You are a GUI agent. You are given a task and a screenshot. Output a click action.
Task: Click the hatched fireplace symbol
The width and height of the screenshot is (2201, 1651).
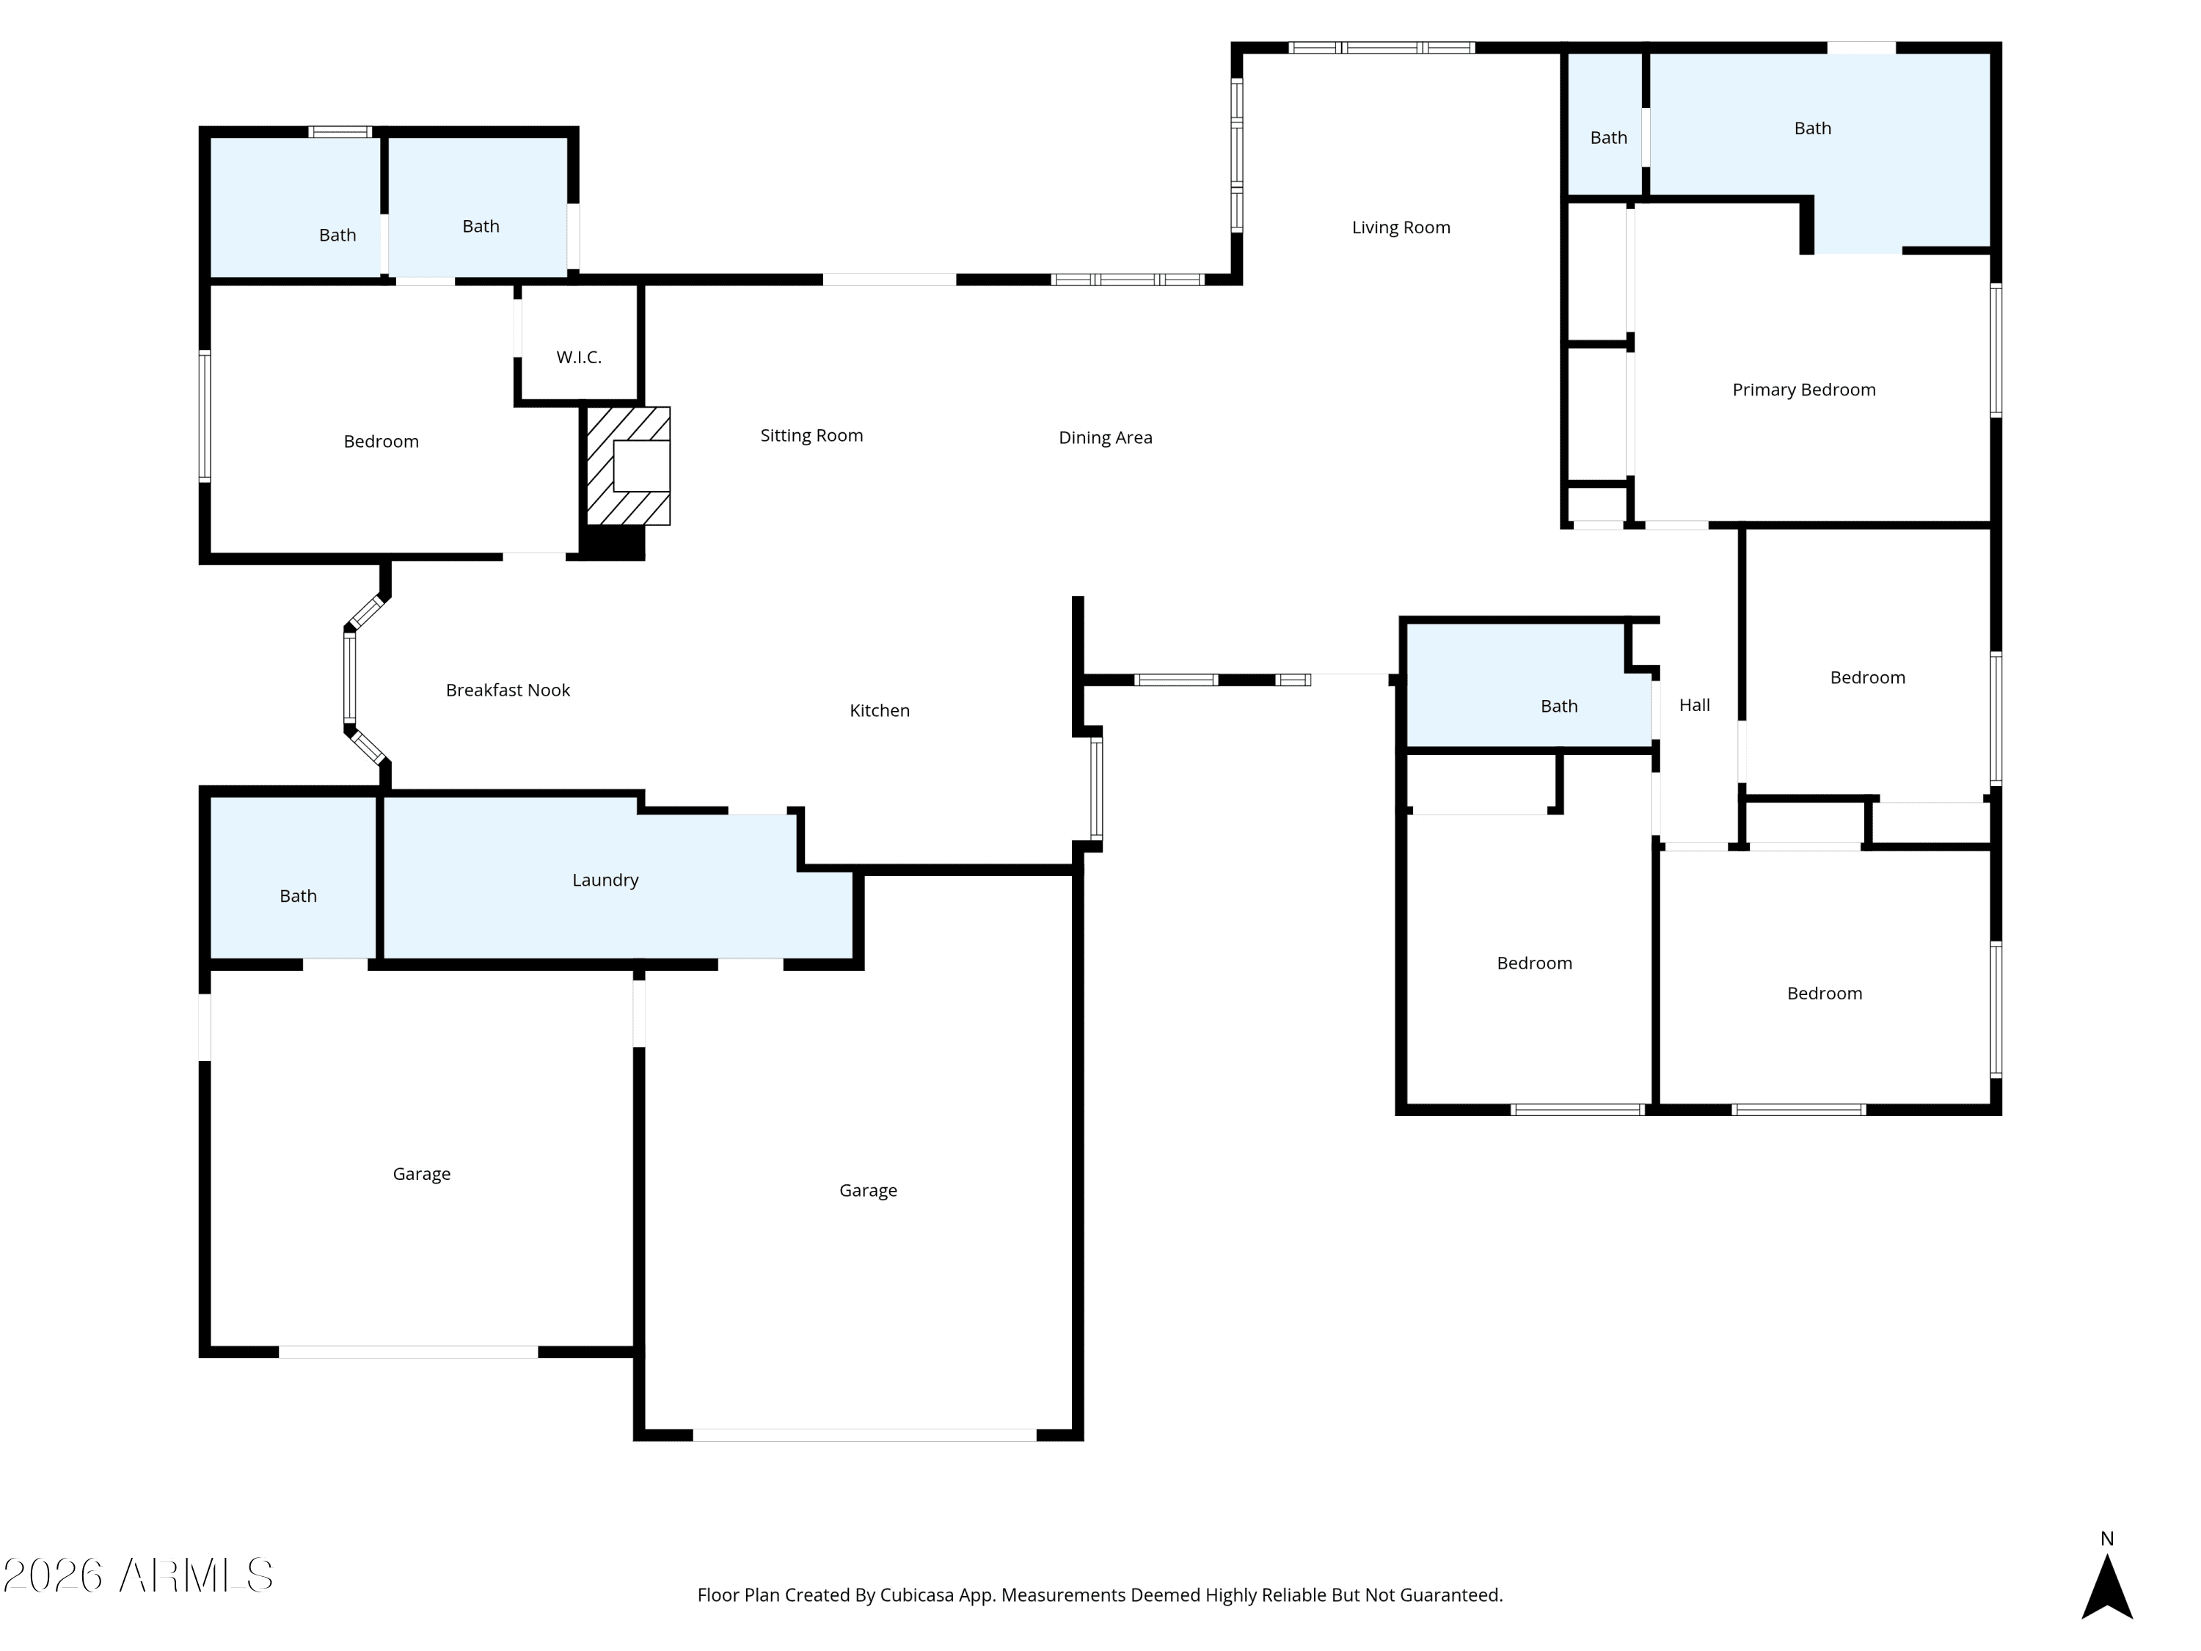click(x=628, y=466)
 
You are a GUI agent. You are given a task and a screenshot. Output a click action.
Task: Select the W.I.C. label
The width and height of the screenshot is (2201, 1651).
click(x=579, y=357)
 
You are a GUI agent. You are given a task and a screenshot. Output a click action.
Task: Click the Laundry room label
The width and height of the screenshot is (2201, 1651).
click(x=605, y=880)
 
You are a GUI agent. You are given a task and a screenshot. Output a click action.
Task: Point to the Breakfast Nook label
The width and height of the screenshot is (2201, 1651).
click(x=508, y=690)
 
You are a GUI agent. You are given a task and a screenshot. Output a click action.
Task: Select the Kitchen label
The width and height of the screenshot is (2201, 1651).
click(x=880, y=710)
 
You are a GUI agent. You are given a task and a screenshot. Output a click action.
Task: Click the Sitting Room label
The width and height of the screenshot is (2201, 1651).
click(x=812, y=436)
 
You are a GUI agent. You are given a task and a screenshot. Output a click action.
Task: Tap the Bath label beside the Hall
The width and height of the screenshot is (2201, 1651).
click(x=1559, y=707)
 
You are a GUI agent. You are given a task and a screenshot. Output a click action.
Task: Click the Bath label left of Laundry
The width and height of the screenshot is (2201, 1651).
click(x=299, y=897)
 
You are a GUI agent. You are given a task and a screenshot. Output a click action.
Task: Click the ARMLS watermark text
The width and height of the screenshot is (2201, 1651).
click(x=139, y=1575)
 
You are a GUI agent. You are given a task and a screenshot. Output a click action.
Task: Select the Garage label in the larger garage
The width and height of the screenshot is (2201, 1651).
click(x=868, y=1191)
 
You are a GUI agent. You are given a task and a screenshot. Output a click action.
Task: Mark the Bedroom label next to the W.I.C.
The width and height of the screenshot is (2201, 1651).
click(x=381, y=442)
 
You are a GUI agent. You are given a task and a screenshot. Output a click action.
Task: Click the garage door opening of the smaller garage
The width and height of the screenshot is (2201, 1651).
click(x=409, y=1352)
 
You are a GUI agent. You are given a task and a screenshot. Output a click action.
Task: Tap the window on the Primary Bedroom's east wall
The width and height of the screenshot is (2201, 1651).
click(x=1996, y=350)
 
